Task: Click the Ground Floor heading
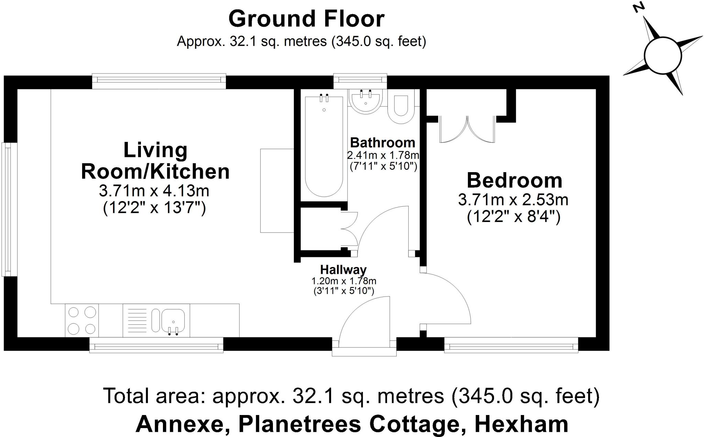coord(306,19)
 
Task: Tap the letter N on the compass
coord(639,8)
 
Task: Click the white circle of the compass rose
coord(662,55)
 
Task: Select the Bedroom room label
coord(514,180)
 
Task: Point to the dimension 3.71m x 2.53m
coord(513,200)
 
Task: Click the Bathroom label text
coord(383,143)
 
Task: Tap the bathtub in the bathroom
coord(324,146)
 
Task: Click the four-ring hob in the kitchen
coord(82,321)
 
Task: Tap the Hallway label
coord(343,269)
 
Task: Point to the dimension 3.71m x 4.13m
coord(154,191)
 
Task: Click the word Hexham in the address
coord(521,424)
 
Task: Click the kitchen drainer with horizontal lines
coord(137,320)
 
